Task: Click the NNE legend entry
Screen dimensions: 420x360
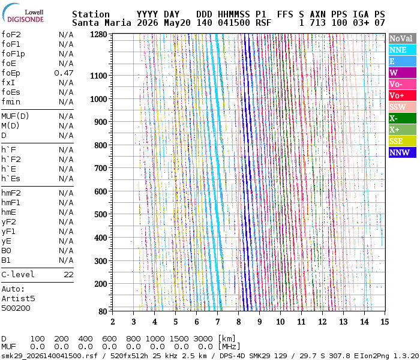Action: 403,50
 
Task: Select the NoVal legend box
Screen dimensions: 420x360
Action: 403,38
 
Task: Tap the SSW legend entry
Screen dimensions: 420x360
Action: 403,107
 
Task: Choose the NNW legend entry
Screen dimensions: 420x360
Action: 403,152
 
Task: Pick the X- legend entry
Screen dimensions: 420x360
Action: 403,118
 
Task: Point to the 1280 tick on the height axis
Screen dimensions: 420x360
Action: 98,35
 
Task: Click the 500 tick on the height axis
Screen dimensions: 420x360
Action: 101,214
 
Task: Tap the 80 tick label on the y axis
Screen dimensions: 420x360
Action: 103,311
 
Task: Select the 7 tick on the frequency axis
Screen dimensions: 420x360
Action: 217,322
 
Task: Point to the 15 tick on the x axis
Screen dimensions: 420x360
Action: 385,322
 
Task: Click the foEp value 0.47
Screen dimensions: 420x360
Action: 64,73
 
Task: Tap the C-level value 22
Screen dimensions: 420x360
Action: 68,275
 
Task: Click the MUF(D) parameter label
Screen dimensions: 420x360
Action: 15,116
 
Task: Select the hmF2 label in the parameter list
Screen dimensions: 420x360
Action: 11,193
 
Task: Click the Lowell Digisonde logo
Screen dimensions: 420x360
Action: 23,13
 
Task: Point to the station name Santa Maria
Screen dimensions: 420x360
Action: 101,23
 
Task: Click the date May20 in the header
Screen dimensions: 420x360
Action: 177,23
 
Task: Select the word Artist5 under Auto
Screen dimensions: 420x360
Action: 18,298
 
